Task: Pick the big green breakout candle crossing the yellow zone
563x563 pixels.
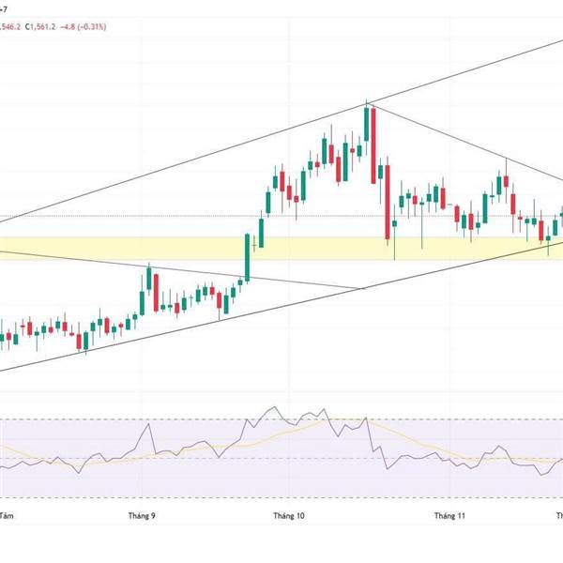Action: click(249, 255)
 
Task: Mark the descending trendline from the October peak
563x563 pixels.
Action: click(441, 137)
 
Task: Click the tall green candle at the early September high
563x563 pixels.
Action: click(148, 281)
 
